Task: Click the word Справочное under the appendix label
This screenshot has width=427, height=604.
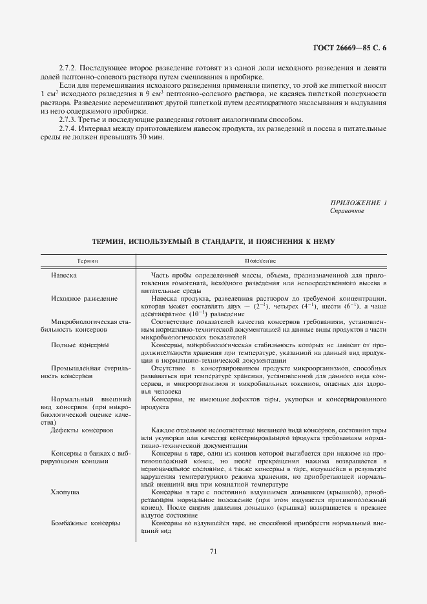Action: (x=347, y=211)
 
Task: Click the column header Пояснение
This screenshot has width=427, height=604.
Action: (x=260, y=261)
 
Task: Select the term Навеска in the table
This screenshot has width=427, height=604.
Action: (x=65, y=276)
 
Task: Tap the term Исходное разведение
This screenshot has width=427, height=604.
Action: (x=84, y=299)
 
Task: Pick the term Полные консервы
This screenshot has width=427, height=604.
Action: (x=79, y=345)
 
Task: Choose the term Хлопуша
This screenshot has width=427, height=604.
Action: (x=66, y=492)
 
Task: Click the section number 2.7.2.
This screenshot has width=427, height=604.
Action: (x=68, y=68)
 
